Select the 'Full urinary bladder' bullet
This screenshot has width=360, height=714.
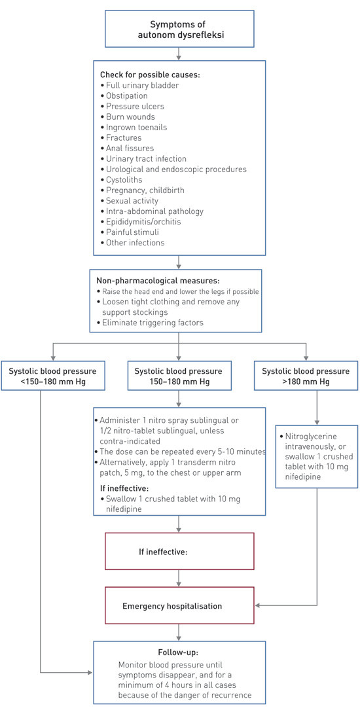click(x=140, y=86)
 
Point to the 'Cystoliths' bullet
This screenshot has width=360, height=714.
click(x=124, y=179)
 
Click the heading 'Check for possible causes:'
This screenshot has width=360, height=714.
click(x=150, y=75)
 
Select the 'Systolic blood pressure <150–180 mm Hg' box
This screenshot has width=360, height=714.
click(x=52, y=376)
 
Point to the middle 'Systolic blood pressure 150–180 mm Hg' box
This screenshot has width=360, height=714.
click(x=179, y=376)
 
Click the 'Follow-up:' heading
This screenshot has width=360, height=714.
click(x=178, y=652)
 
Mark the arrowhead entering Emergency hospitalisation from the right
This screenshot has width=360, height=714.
click(x=258, y=606)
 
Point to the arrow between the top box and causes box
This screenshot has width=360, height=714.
click(x=179, y=55)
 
